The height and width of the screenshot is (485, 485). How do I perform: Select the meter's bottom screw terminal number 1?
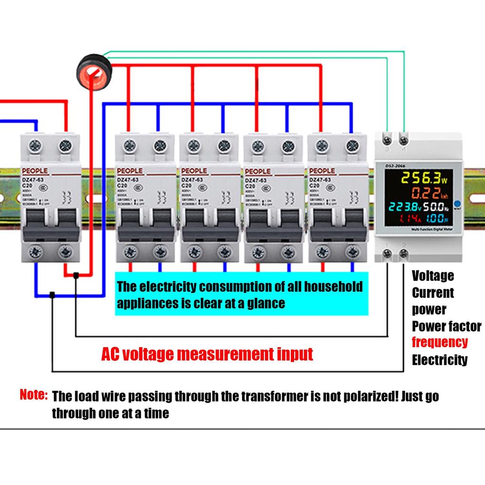click(x=388, y=254)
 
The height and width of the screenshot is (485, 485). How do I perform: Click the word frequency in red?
click(x=440, y=342)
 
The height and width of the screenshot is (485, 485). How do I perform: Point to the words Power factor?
click(x=446, y=326)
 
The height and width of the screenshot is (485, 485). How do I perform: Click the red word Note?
click(x=34, y=394)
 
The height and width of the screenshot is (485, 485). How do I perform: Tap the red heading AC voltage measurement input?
click(x=207, y=354)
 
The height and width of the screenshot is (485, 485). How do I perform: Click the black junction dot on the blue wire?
click(x=52, y=295)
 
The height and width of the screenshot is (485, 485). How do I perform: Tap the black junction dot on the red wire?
click(x=76, y=275)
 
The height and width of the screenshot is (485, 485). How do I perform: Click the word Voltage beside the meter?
click(x=432, y=276)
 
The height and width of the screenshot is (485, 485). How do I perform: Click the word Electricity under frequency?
click(x=439, y=360)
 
